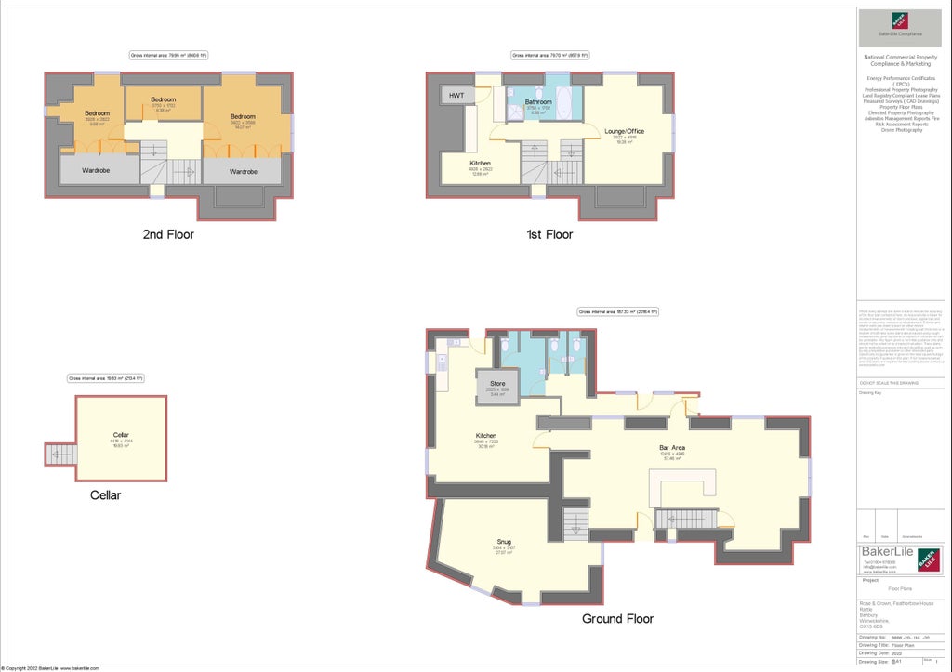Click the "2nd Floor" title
click(x=168, y=235)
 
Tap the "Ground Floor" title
click(x=617, y=619)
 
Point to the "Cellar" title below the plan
click(x=105, y=495)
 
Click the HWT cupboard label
click(x=456, y=96)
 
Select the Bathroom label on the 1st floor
click(x=538, y=102)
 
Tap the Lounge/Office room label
click(x=624, y=131)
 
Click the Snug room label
click(x=504, y=542)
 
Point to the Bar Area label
click(x=672, y=448)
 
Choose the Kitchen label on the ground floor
click(x=486, y=436)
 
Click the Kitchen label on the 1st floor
click(x=481, y=163)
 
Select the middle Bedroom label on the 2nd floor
click(x=163, y=99)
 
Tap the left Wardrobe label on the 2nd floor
click(x=97, y=172)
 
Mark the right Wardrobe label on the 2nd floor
click(x=244, y=172)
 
